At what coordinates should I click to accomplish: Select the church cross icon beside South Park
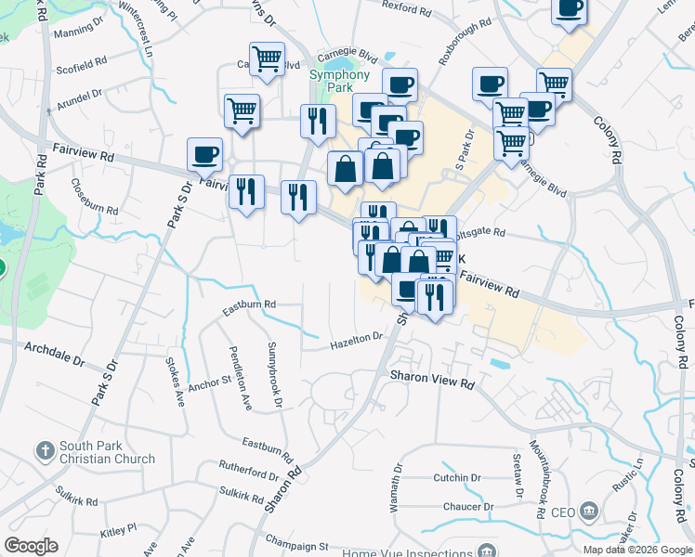coord(44,452)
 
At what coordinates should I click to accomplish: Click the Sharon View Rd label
coord(432,381)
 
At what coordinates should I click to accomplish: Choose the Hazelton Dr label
coord(357,341)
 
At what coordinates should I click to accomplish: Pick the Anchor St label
coord(209,382)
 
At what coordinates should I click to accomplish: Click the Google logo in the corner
coord(31,546)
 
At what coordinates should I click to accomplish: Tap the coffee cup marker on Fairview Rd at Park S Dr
coord(204,155)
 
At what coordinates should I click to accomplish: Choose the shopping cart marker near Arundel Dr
coord(242,110)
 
